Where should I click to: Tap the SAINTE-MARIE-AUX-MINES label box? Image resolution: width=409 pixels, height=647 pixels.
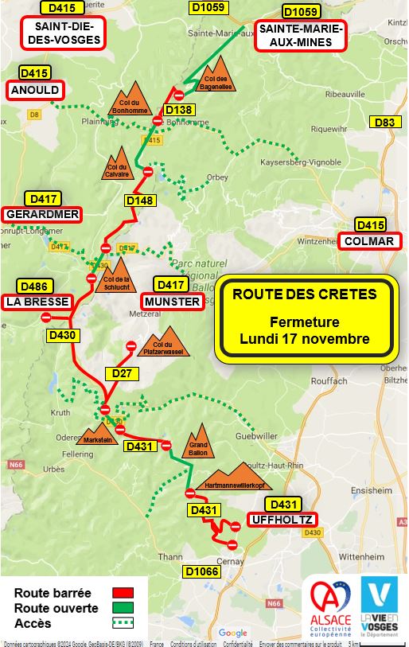click(x=301, y=36)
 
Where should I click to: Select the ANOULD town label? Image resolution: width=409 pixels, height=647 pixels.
click(x=35, y=90)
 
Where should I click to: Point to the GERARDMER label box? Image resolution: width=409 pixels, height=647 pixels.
click(x=42, y=214)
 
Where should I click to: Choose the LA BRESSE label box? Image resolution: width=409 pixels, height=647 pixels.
click(x=37, y=302)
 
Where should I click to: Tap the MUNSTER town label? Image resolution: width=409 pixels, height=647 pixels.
click(x=172, y=302)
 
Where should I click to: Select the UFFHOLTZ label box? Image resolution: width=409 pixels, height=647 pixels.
click(x=284, y=520)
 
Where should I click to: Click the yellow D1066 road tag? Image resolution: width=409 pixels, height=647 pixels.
click(x=201, y=571)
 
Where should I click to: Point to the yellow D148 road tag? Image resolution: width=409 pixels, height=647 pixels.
click(x=140, y=201)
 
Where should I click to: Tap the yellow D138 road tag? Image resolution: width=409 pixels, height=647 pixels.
click(x=179, y=110)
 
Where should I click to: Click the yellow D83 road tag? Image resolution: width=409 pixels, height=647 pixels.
click(x=384, y=122)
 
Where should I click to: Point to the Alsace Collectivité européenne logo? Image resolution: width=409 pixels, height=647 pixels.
click(x=330, y=606)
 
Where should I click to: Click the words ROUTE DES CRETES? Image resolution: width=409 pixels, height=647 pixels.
click(x=305, y=294)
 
